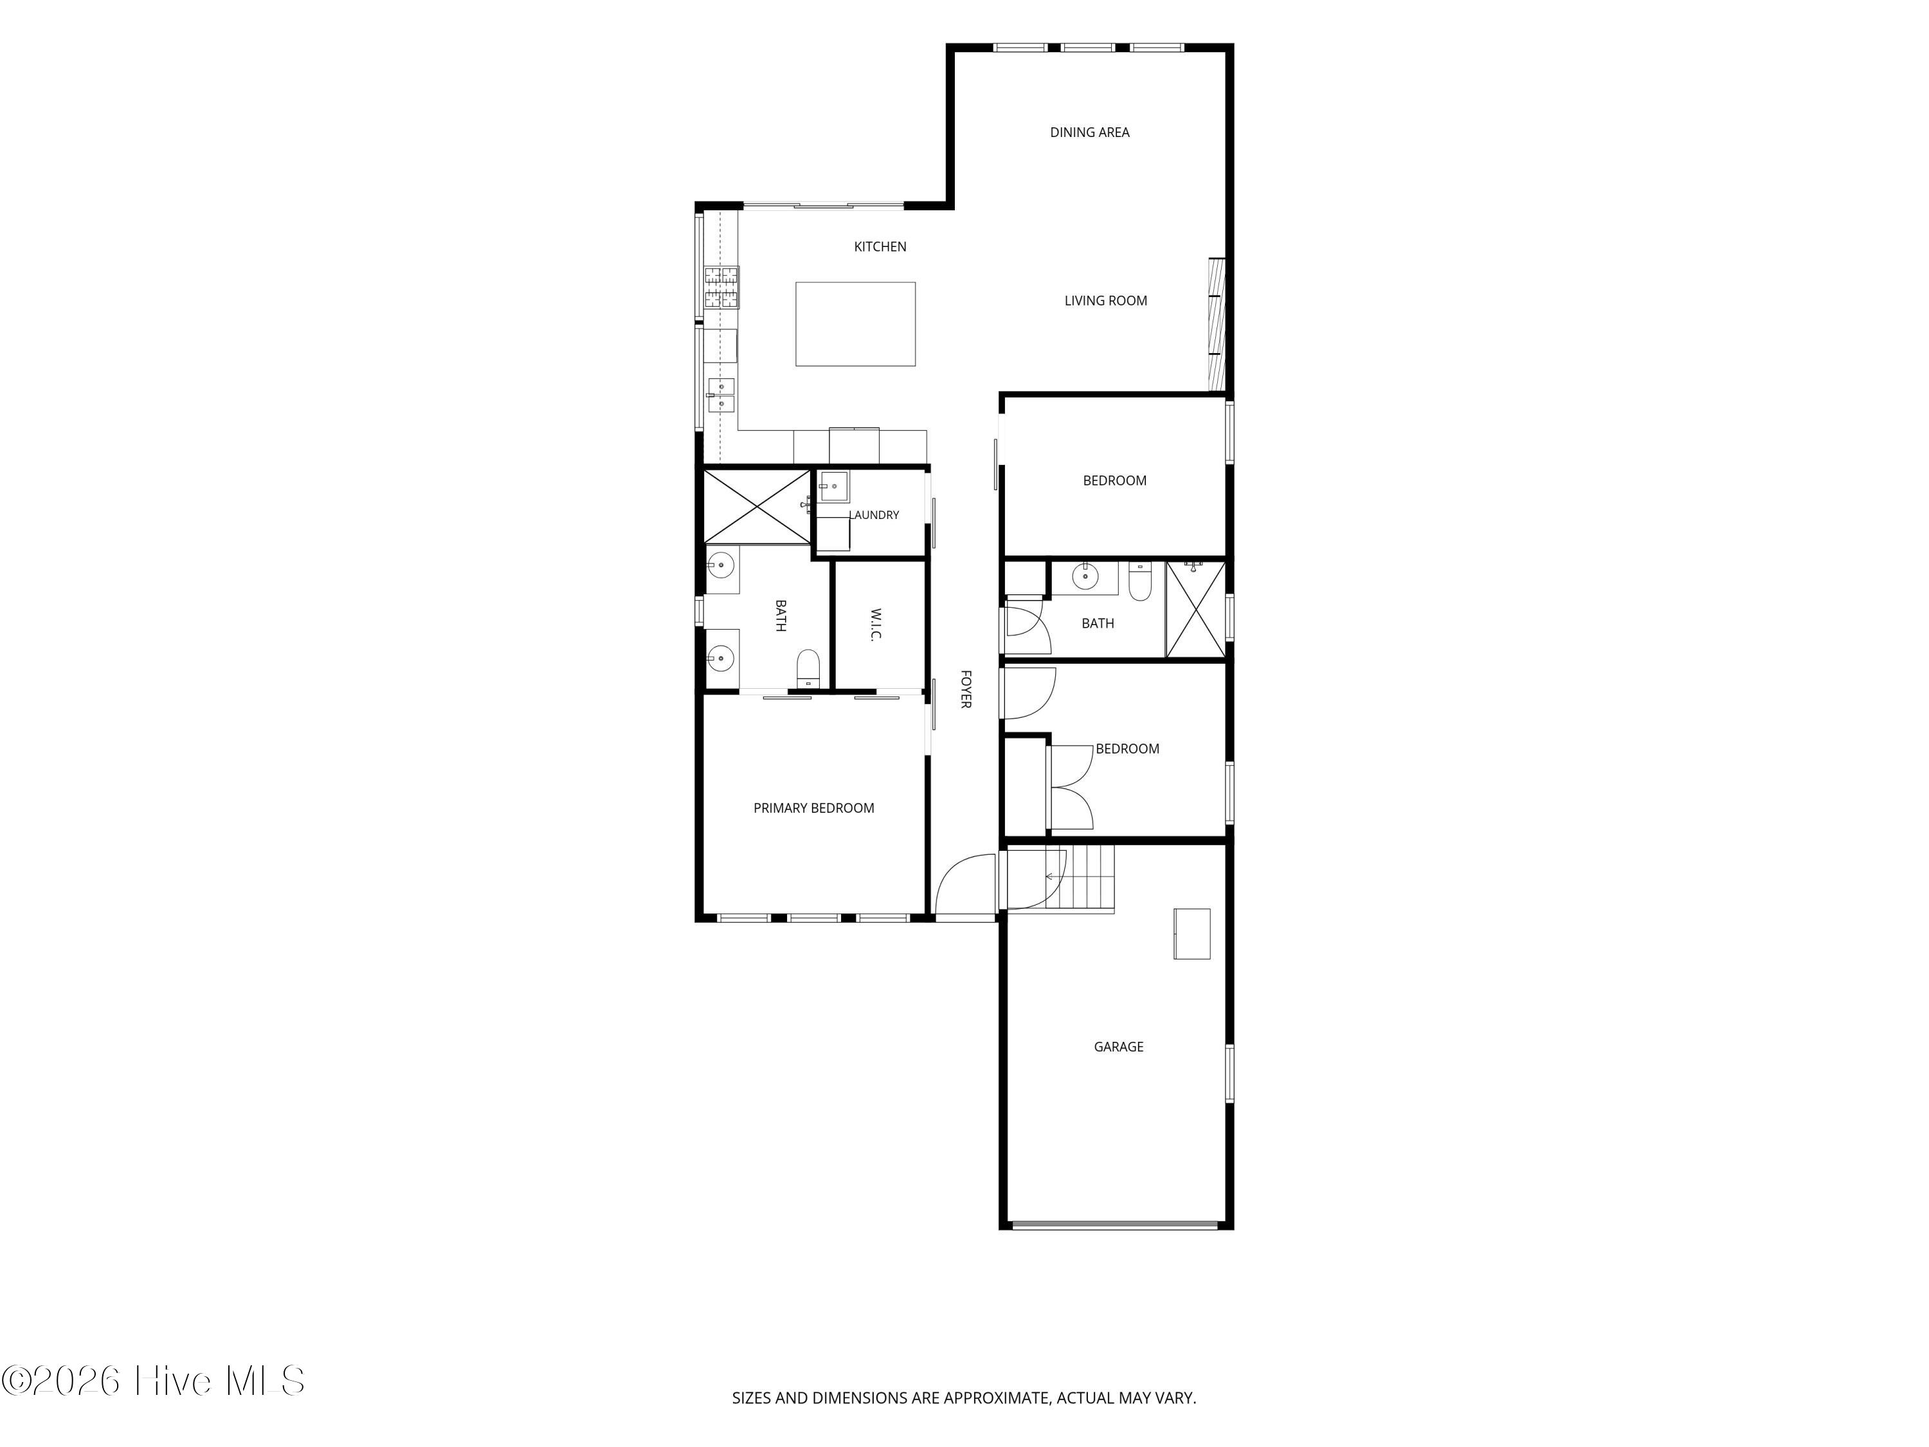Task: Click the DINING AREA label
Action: [x=1089, y=132]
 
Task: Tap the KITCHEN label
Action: [x=880, y=247]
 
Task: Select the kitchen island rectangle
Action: [x=855, y=323]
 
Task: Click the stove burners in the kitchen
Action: [x=721, y=288]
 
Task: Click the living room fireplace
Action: [x=1217, y=325]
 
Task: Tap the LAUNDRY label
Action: [x=874, y=516]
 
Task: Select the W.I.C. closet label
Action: [x=876, y=624]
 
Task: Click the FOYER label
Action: [x=965, y=689]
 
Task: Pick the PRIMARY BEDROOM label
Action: [x=813, y=808]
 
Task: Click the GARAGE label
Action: [x=1118, y=1046]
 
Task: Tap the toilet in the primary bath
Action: [x=808, y=668]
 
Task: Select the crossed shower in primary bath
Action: [x=757, y=507]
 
